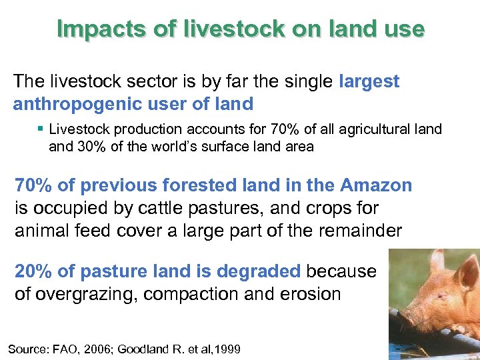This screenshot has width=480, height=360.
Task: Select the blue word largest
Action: coord(369,81)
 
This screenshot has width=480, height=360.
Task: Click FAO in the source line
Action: coord(68,349)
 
